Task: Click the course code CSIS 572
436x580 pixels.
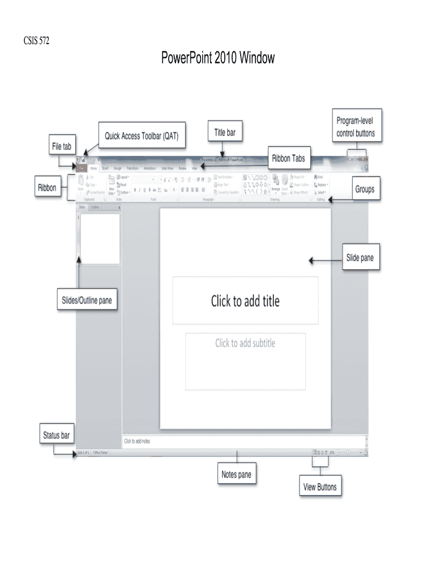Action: click(36, 41)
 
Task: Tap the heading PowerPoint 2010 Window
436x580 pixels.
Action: click(218, 58)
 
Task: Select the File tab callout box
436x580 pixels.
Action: click(62, 147)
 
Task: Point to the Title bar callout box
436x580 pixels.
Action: click(225, 133)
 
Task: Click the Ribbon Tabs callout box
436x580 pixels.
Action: click(288, 159)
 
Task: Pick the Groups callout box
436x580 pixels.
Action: click(364, 189)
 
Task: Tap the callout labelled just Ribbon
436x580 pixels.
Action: click(47, 187)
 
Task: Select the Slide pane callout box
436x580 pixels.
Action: click(360, 258)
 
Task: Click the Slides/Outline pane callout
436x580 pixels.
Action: click(87, 300)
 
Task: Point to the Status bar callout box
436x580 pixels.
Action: click(57, 436)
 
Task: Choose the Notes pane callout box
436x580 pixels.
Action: click(236, 475)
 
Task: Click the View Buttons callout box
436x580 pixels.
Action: click(319, 487)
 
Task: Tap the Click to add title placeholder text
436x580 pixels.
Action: click(245, 301)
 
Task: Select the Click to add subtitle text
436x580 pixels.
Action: click(245, 343)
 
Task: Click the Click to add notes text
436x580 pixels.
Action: click(137, 441)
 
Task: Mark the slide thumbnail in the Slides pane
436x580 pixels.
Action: click(100, 238)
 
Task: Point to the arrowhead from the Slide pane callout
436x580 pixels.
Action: click(310, 261)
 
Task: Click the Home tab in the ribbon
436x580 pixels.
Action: click(93, 168)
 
